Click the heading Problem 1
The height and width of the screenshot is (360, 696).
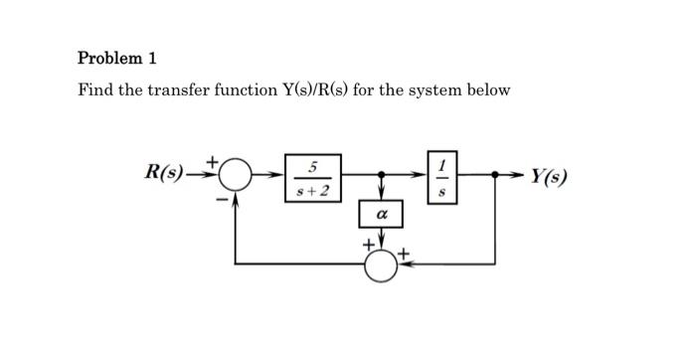click(117, 58)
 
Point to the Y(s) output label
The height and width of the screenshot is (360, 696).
click(549, 178)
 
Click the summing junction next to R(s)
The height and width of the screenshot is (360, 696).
click(235, 177)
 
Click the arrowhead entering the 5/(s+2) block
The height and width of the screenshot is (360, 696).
click(278, 177)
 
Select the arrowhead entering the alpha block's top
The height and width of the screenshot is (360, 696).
click(380, 198)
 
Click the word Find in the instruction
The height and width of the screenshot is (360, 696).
click(95, 90)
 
